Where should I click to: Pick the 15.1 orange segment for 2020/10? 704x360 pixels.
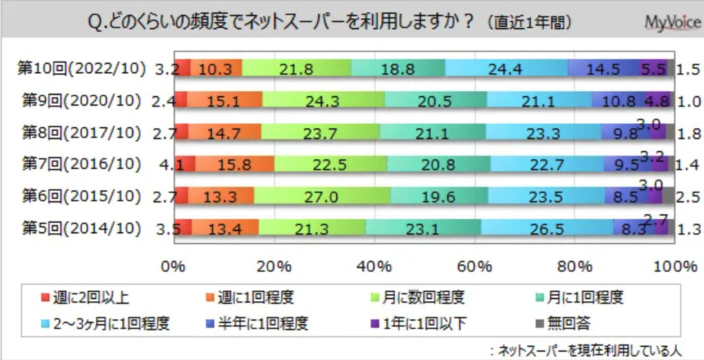click(225, 101)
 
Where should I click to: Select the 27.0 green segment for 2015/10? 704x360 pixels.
click(322, 196)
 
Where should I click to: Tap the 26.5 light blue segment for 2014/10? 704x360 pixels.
click(547, 227)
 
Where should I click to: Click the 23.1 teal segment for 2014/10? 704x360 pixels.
click(423, 227)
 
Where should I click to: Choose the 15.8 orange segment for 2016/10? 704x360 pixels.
click(235, 164)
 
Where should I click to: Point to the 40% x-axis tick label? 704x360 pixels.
click(372, 267)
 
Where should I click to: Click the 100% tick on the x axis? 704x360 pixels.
click(672, 267)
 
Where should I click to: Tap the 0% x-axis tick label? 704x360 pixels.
click(174, 267)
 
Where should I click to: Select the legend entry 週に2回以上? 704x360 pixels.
click(87, 298)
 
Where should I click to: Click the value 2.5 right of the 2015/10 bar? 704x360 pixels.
click(687, 196)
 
